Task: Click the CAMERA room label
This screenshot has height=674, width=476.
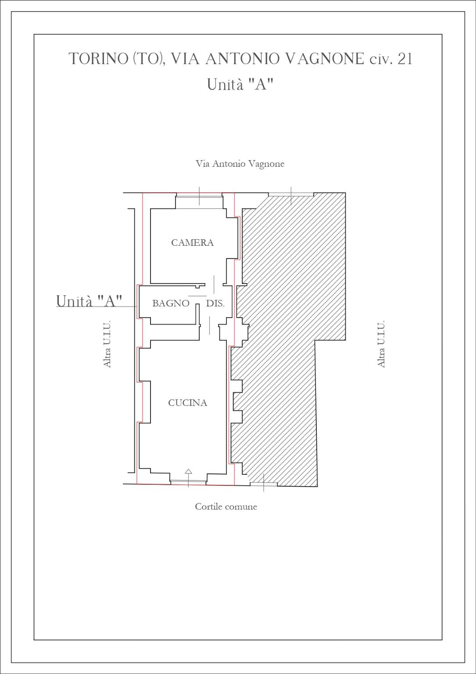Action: point(192,243)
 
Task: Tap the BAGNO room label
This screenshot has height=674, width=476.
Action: point(171,303)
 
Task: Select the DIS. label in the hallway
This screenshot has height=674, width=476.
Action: point(215,303)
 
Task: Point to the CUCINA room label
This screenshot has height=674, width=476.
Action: point(187,402)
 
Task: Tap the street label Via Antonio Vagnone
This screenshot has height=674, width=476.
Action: point(240,164)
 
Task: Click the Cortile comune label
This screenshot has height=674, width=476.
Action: point(226,506)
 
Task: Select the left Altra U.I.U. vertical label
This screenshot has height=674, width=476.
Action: point(107,344)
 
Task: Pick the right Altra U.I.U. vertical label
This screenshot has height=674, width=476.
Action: point(381,344)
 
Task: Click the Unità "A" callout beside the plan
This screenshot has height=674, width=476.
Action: point(89,301)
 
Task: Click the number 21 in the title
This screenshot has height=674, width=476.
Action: point(404,58)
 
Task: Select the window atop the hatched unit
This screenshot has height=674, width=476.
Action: point(291,195)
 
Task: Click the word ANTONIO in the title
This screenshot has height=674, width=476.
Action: point(242,58)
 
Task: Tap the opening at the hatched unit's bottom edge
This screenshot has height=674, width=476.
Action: point(264,484)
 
